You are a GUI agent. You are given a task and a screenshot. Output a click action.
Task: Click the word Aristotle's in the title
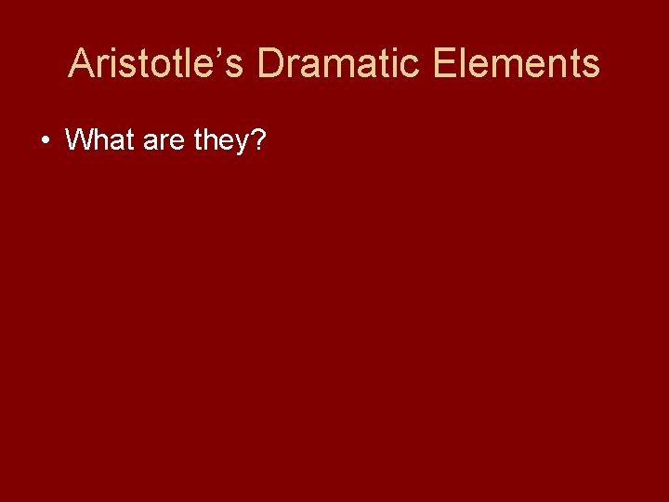coord(157,64)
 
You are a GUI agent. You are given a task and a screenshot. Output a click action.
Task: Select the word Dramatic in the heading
coord(331,64)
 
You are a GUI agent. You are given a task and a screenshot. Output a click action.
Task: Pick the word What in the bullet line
coord(101,140)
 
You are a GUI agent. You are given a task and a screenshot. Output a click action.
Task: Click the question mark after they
coord(258,140)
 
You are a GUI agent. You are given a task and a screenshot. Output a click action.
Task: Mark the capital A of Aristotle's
coord(82,64)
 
